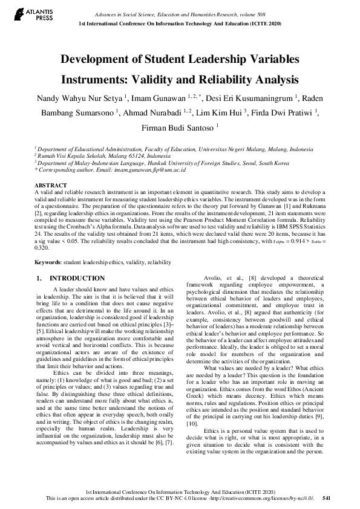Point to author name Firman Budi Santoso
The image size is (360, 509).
[x=180, y=128]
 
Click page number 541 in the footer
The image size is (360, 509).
[x=326, y=499]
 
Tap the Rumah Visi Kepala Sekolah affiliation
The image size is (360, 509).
[x=97, y=155]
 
